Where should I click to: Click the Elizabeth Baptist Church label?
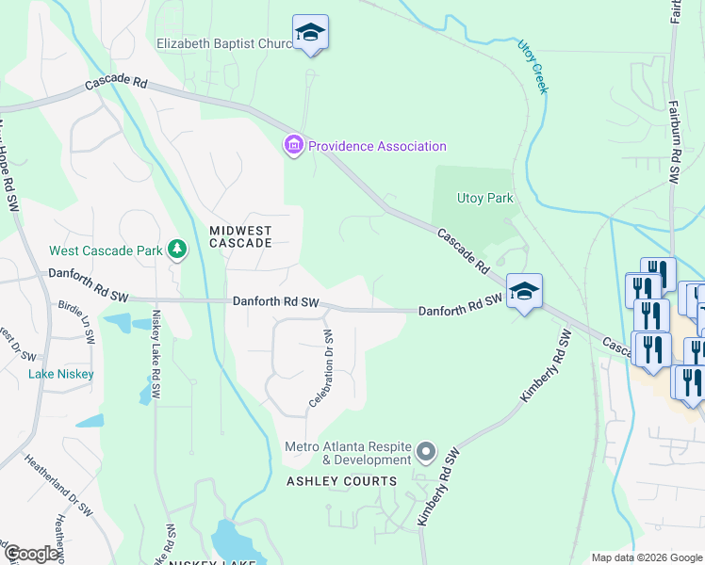click(x=224, y=43)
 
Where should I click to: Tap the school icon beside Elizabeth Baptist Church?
click(x=310, y=34)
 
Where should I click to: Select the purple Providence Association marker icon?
click(x=293, y=145)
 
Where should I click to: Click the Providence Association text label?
click(x=377, y=146)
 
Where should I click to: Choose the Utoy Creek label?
click(x=533, y=66)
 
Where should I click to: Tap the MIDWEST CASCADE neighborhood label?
click(x=240, y=236)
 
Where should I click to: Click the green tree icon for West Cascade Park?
click(x=176, y=250)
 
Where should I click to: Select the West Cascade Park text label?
click(x=105, y=250)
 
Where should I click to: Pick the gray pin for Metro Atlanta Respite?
click(x=426, y=453)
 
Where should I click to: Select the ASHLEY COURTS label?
click(x=342, y=481)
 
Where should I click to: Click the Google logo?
click(x=30, y=554)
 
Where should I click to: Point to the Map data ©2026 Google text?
click(x=646, y=557)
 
